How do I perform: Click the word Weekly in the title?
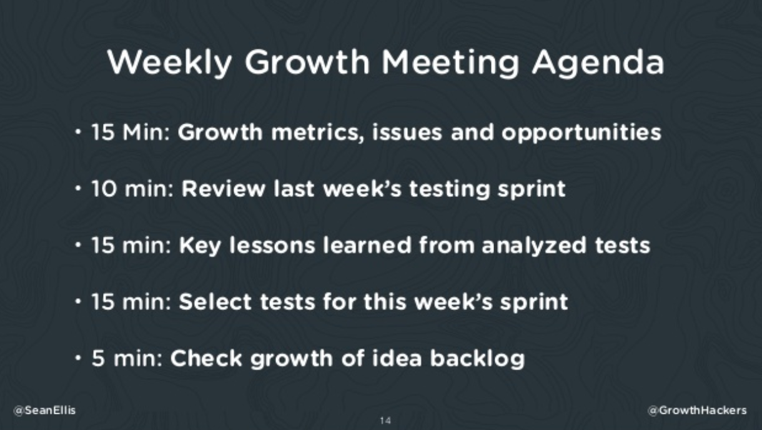pyautogui.click(x=170, y=63)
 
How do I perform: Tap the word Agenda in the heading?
pyautogui.click(x=598, y=63)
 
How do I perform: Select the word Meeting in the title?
pyautogui.click(x=450, y=63)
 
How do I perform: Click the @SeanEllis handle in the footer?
pyautogui.click(x=44, y=410)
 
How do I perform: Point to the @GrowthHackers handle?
pyautogui.click(x=698, y=410)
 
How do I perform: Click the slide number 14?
pyautogui.click(x=385, y=421)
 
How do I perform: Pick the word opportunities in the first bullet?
pyautogui.click(x=581, y=132)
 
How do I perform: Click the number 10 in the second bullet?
pyautogui.click(x=104, y=189)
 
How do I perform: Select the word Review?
pyautogui.click(x=223, y=189)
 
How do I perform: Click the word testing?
pyautogui.click(x=449, y=189)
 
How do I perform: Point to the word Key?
pyautogui.click(x=200, y=246)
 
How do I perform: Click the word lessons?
pyautogui.click(x=272, y=245)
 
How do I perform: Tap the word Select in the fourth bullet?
pyautogui.click(x=215, y=302)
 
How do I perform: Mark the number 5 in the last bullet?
pyautogui.click(x=98, y=359)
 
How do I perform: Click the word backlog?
pyautogui.click(x=478, y=359)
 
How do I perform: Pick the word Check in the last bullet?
pyautogui.click(x=206, y=358)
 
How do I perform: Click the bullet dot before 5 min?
pyautogui.click(x=78, y=358)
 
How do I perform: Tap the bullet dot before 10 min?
pyautogui.click(x=78, y=188)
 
